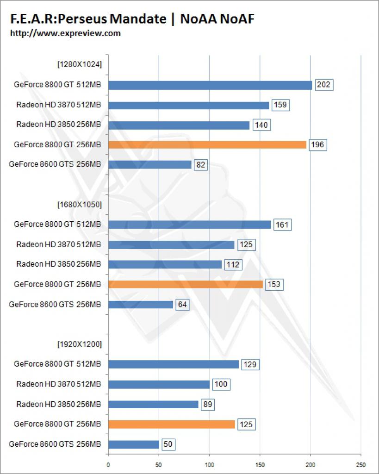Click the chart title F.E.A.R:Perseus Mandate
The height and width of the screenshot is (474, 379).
[x=88, y=19]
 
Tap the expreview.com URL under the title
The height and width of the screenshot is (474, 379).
[x=65, y=33]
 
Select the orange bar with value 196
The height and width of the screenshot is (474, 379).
[x=207, y=145]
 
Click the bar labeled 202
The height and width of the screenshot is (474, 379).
[x=210, y=86]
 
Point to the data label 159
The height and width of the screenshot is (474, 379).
[x=280, y=105]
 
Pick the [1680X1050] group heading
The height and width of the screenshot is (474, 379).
[x=80, y=205]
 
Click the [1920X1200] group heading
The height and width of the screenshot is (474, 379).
[x=80, y=344]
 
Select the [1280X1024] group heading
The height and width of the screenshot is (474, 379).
[x=80, y=64]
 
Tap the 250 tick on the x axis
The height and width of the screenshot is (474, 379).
[x=360, y=465]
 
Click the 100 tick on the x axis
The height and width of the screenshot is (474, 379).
[x=210, y=465]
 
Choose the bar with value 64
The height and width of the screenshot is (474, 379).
[x=141, y=305]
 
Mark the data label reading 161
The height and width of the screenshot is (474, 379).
[x=282, y=225]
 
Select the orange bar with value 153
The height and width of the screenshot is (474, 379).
[x=186, y=285]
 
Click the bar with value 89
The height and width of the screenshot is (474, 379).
[x=153, y=405]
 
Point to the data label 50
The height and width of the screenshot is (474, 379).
[x=168, y=444]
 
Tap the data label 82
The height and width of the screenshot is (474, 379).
[x=201, y=165]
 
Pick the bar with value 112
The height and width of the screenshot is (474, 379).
[x=165, y=264]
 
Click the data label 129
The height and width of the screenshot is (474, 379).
[x=250, y=365]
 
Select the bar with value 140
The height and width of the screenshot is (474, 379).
[x=179, y=125]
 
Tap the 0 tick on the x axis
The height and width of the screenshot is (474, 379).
[x=108, y=465]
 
